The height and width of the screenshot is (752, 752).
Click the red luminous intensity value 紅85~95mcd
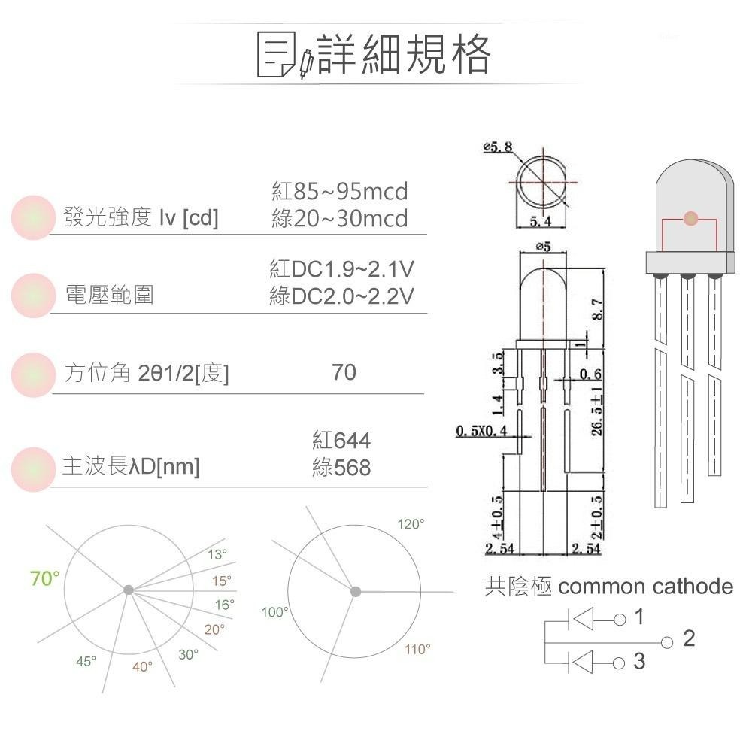(x=339, y=191)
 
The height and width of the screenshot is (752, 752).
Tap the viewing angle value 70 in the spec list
(x=344, y=372)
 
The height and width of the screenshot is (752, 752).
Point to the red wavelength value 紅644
(x=341, y=441)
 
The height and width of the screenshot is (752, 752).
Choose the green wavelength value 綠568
(x=341, y=468)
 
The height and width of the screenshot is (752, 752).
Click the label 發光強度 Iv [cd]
(x=141, y=219)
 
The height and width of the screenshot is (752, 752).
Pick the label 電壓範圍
(x=109, y=296)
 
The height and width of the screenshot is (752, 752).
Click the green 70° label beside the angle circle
(x=45, y=578)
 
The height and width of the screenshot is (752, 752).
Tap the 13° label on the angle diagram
(x=217, y=555)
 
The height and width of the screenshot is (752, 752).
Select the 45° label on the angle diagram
(x=86, y=661)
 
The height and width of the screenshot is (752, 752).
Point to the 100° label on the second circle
(x=274, y=612)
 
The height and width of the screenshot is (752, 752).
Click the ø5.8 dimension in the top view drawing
(x=498, y=147)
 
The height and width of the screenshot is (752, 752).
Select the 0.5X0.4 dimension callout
(x=482, y=431)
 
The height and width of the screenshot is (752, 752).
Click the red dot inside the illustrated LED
(x=690, y=219)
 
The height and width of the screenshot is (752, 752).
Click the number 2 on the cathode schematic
(x=689, y=638)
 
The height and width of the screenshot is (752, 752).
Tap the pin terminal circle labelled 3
(x=619, y=663)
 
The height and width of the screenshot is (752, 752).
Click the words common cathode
(x=646, y=587)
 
